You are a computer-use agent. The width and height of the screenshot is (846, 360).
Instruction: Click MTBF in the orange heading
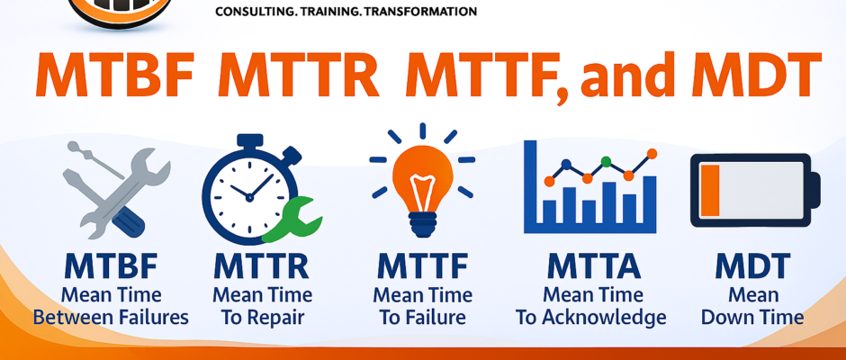(117, 76)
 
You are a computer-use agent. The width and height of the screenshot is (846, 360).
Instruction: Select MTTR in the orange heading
(299, 76)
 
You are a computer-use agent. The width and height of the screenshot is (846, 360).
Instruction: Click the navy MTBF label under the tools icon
(112, 267)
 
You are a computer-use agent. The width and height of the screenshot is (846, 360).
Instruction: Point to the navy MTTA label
(593, 267)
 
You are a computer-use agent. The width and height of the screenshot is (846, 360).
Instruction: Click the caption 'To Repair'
(262, 318)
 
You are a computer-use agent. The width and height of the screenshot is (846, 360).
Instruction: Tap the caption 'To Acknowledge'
(590, 318)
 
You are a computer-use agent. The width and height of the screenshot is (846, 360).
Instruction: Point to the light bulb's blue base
(422, 223)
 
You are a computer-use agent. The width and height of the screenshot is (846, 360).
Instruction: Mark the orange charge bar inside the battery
(710, 189)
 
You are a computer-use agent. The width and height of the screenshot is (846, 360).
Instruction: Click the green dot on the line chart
(606, 161)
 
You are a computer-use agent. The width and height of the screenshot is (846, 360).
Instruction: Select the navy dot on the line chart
(566, 164)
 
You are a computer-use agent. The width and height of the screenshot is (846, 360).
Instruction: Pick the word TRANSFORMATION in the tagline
(420, 11)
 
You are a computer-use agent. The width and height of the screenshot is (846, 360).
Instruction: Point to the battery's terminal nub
(815, 189)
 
